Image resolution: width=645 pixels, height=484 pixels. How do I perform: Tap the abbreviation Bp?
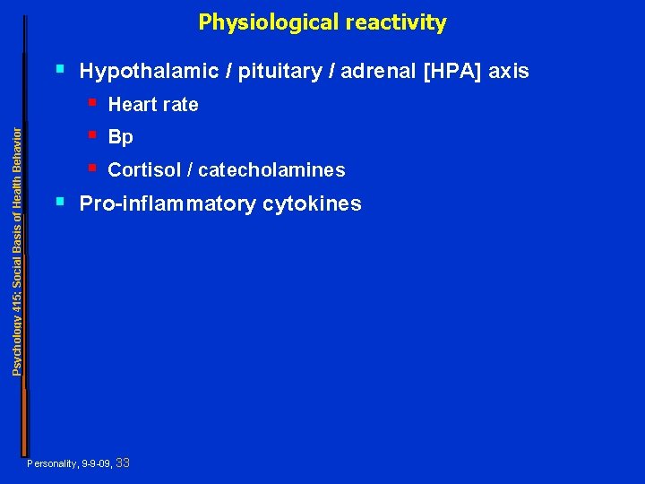coord(120,138)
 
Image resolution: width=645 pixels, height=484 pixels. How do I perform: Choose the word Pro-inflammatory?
coord(168,204)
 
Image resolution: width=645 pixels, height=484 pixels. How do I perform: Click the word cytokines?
coord(312,204)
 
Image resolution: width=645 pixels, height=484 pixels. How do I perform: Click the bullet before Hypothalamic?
coord(60,67)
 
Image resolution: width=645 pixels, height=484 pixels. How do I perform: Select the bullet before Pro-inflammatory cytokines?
coord(60,201)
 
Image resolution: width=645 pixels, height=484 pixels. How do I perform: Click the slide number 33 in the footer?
coord(124,462)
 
